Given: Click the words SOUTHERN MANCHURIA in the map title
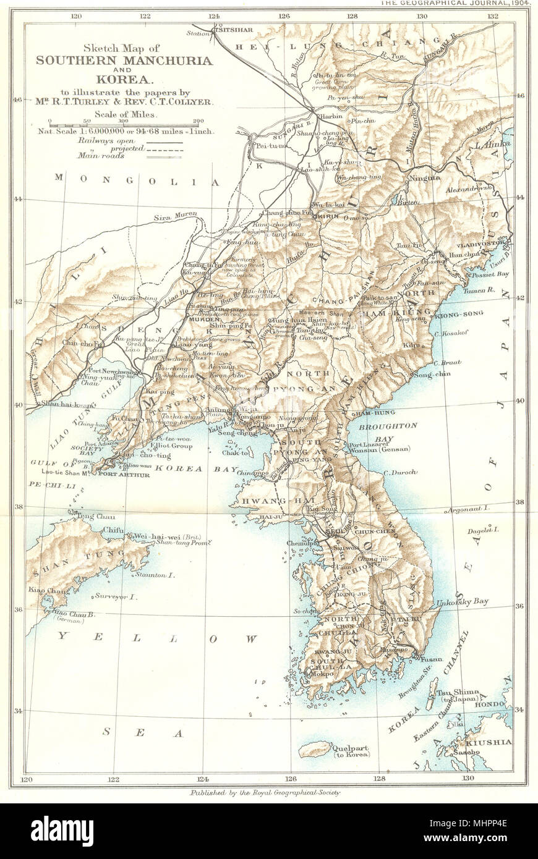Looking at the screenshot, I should pos(124,61).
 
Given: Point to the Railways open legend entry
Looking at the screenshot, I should pos(130,142).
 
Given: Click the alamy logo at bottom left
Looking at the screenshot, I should pos(62,831).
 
